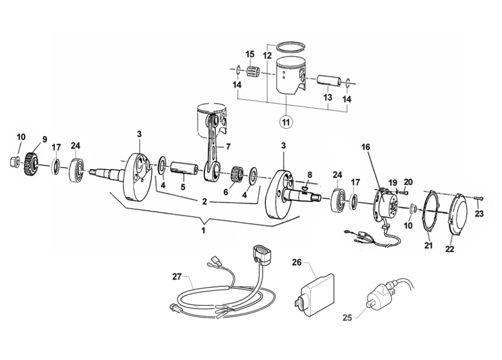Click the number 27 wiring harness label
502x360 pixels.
[176, 276]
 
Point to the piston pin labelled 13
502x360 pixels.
[327, 82]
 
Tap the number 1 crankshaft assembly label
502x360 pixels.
[203, 230]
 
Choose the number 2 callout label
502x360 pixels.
[203, 201]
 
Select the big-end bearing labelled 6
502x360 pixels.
[237, 174]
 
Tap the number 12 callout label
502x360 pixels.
[267, 54]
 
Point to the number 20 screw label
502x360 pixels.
[409, 182]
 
